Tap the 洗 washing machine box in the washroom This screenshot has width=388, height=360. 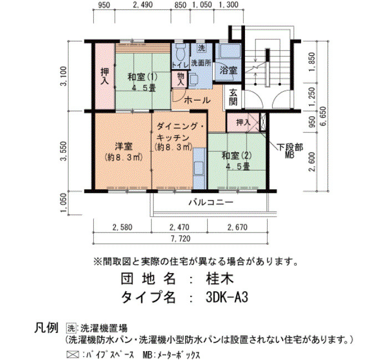click(x=202, y=48)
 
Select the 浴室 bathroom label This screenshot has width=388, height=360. click(x=228, y=71)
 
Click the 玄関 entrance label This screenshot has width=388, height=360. click(x=233, y=97)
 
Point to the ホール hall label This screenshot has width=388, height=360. click(x=197, y=100)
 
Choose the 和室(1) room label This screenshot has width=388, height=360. click(x=142, y=77)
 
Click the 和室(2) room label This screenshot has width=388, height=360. click(x=237, y=156)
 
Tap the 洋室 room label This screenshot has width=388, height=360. click(x=124, y=146)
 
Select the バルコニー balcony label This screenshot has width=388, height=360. click(x=211, y=203)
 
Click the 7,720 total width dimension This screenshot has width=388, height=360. click(x=180, y=239)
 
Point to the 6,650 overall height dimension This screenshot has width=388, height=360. click(x=323, y=116)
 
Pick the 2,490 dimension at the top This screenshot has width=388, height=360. click(x=142, y=4)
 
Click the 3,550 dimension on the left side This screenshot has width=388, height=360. click(x=64, y=151)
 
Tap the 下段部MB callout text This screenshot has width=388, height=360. click(x=290, y=151)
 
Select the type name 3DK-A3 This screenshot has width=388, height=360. click(x=227, y=297)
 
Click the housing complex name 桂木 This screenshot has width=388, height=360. click(x=219, y=279)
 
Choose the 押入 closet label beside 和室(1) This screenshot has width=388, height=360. click(x=105, y=76)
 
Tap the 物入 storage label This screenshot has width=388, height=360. click(x=181, y=79)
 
